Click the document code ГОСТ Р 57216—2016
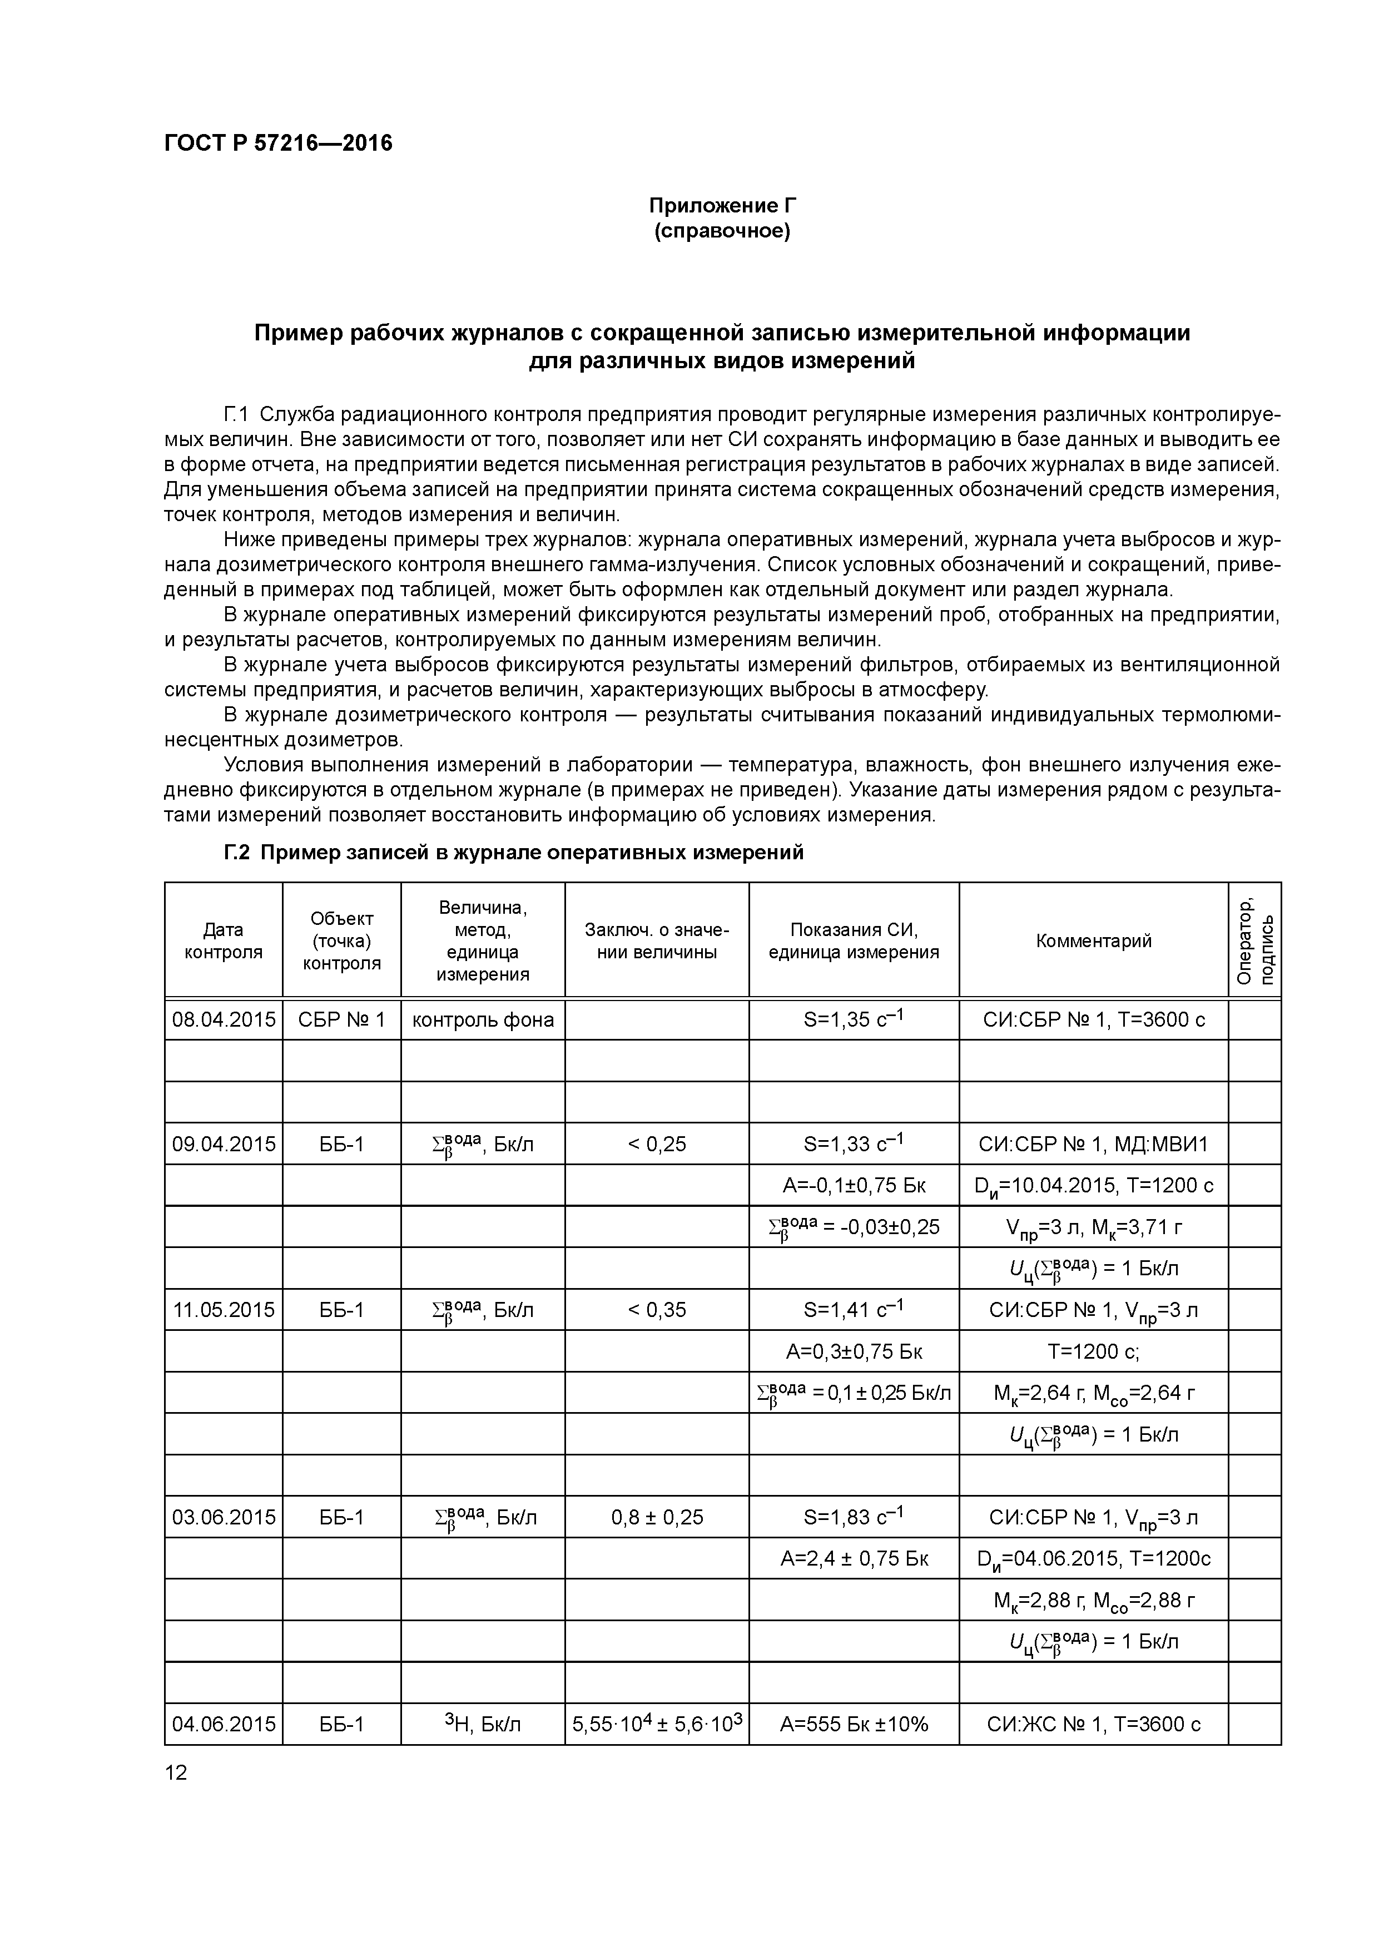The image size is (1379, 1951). pyautogui.click(x=278, y=143)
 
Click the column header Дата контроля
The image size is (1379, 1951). pyautogui.click(x=224, y=940)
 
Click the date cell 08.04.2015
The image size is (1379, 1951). pyautogui.click(x=224, y=1019)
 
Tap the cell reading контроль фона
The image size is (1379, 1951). pyautogui.click(x=483, y=1019)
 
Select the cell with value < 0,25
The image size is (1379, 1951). pyautogui.click(x=656, y=1144)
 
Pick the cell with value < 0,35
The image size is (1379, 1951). pyautogui.click(x=656, y=1309)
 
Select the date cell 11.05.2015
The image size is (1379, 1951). pyautogui.click(x=224, y=1309)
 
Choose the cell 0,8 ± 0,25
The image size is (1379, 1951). pyautogui.click(x=656, y=1517)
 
